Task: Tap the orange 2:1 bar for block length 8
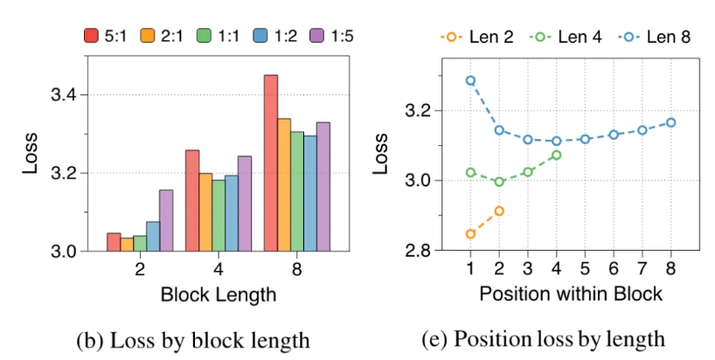click(284, 184)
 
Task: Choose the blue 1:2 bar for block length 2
click(153, 236)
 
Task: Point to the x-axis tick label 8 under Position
click(670, 267)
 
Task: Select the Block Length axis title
click(219, 294)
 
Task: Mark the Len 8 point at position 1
click(470, 80)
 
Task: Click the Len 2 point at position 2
click(499, 211)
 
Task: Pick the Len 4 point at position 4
click(556, 155)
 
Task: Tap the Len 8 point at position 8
click(670, 122)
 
